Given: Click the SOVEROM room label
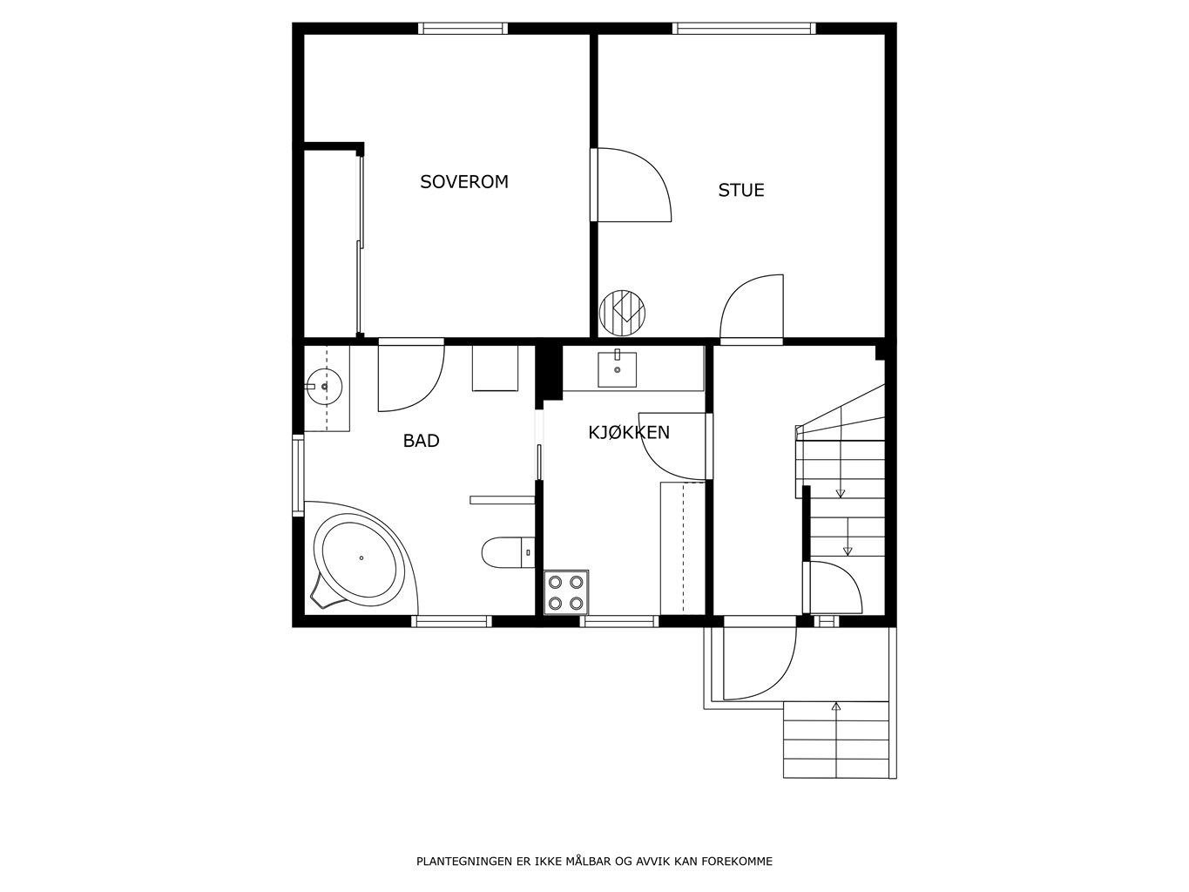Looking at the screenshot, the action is click(x=464, y=181).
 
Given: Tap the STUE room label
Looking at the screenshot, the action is click(x=741, y=190).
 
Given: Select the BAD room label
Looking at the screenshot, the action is click(x=421, y=441).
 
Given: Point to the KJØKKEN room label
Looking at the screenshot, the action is click(x=629, y=432).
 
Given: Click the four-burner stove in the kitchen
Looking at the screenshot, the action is click(x=566, y=592).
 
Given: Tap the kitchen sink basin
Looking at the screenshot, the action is click(x=617, y=369).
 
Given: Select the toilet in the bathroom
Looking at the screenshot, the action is click(x=508, y=552).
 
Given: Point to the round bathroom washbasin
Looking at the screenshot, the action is click(x=324, y=386).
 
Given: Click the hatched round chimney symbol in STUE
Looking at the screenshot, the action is click(x=623, y=313).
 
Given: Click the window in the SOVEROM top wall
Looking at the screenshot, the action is click(x=463, y=29).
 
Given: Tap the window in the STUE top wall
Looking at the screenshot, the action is click(x=744, y=29).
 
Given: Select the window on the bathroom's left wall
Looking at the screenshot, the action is click(x=298, y=476).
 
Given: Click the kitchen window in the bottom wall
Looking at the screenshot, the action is click(x=619, y=621).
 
